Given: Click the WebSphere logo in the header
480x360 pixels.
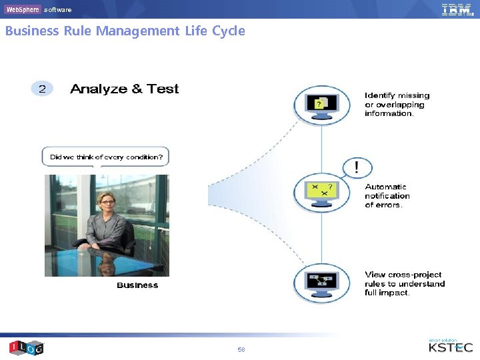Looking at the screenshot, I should click(x=23, y=9).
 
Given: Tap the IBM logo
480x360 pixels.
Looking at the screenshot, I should click(x=457, y=9).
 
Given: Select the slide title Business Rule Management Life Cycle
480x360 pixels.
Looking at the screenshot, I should click(x=125, y=31).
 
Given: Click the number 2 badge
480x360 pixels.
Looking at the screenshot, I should click(x=42, y=89).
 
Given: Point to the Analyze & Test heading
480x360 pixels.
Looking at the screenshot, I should click(x=125, y=89).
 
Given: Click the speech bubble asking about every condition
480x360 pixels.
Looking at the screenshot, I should click(x=105, y=157).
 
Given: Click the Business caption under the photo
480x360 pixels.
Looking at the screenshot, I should click(x=137, y=285).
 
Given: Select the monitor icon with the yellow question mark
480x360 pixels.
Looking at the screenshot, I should click(x=322, y=105).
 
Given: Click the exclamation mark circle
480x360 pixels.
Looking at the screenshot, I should click(x=358, y=167).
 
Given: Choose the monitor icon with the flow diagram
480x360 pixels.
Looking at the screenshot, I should click(x=322, y=283).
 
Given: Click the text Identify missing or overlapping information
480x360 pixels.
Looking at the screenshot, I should click(x=397, y=105).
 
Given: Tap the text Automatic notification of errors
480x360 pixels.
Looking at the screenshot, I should click(x=387, y=196).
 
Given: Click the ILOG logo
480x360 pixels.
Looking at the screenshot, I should click(x=26, y=347).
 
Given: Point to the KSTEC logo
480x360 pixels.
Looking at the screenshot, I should click(x=451, y=347).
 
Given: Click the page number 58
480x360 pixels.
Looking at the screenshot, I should click(x=241, y=349).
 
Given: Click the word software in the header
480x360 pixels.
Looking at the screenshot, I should click(x=57, y=10).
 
